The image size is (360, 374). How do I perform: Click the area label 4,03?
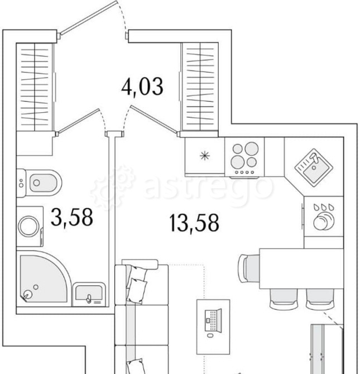click(142, 87)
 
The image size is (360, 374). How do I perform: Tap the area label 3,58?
click(72, 217)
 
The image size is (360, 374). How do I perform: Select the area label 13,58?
click(194, 223)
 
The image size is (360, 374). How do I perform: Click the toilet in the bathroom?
click(40, 183)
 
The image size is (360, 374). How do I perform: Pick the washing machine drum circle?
click(28, 226)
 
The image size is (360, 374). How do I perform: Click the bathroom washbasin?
click(89, 294)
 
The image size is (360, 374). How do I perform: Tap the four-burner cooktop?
click(244, 157)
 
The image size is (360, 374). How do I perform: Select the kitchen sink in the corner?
click(314, 167)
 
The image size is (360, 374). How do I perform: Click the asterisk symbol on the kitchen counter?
click(205, 156)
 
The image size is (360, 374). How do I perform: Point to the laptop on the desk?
click(213, 320)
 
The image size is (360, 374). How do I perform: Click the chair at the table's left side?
click(249, 268)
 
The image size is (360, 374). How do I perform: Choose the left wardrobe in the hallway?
click(35, 87)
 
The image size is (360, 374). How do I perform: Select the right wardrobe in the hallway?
click(200, 87)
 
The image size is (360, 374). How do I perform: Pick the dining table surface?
click(301, 268)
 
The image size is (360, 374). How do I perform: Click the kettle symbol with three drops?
click(324, 217)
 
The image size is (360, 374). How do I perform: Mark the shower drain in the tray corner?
click(28, 295)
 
